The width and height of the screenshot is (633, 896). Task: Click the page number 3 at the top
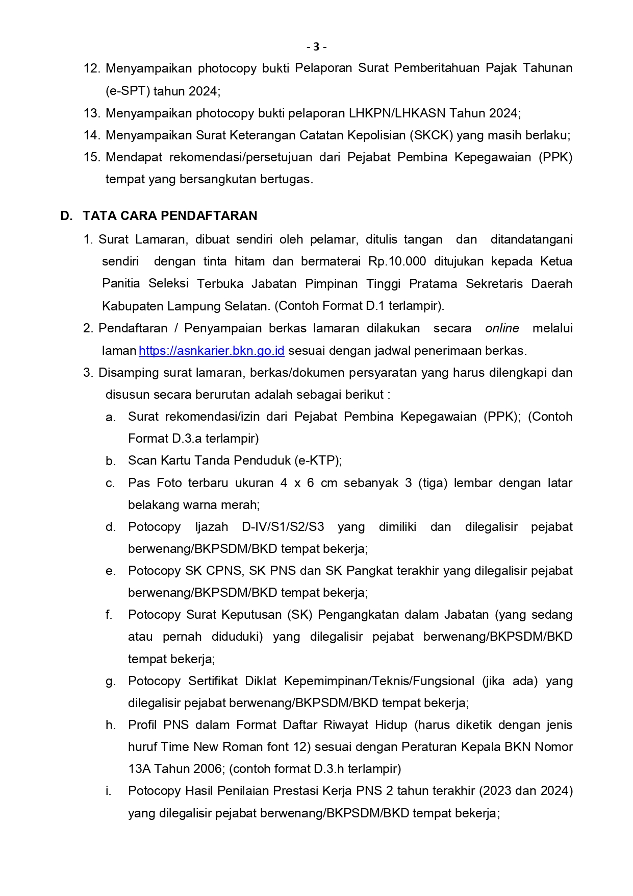316,47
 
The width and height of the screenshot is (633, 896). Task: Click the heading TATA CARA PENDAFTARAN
170,216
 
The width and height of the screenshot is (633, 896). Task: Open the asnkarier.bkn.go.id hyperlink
211,351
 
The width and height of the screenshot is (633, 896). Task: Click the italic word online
502,328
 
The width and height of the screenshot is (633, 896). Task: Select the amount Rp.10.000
397,261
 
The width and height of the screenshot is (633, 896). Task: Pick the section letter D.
66,216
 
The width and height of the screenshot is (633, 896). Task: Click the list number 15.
92,157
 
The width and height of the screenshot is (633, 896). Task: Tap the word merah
242,505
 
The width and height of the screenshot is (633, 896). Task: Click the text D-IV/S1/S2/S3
283,527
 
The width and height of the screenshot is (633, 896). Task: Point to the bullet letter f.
109,615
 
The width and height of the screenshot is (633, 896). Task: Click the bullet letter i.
108,791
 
